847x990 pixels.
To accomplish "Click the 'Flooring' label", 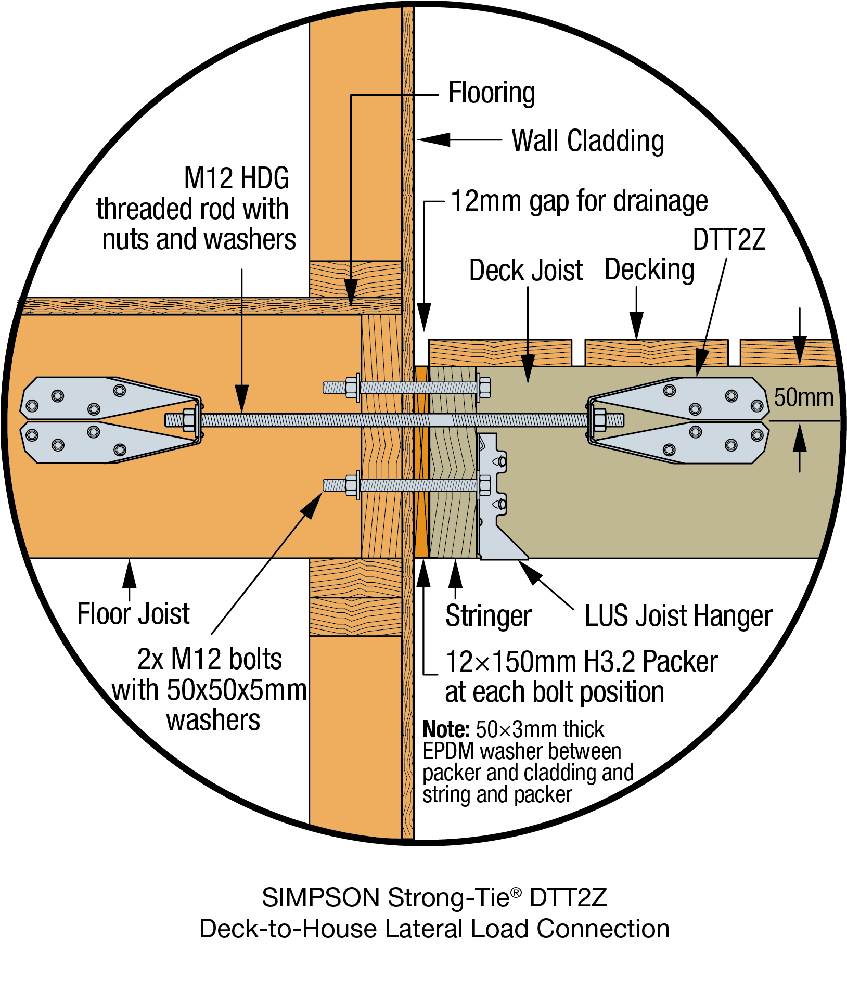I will click(492, 94).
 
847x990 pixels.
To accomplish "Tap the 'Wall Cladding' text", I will click(588, 141).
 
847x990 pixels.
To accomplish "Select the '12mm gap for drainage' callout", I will click(579, 201).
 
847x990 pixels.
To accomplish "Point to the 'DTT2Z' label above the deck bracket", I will click(729, 240).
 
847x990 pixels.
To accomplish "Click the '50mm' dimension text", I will click(803, 397).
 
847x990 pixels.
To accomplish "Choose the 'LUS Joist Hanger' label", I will click(678, 616).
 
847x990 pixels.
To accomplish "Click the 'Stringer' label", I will click(488, 616).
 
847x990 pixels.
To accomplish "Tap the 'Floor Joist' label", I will click(133, 614).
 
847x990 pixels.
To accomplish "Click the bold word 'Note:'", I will click(446, 729).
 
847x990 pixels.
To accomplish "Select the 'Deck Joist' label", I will click(526, 271).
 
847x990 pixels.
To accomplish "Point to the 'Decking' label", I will click(649, 269).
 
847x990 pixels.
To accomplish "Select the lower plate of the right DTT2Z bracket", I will click(687, 442).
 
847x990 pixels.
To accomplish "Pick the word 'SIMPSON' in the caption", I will click(320, 897).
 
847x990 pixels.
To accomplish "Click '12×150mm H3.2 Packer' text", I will click(581, 662).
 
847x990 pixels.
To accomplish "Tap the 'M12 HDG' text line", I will click(237, 178).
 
